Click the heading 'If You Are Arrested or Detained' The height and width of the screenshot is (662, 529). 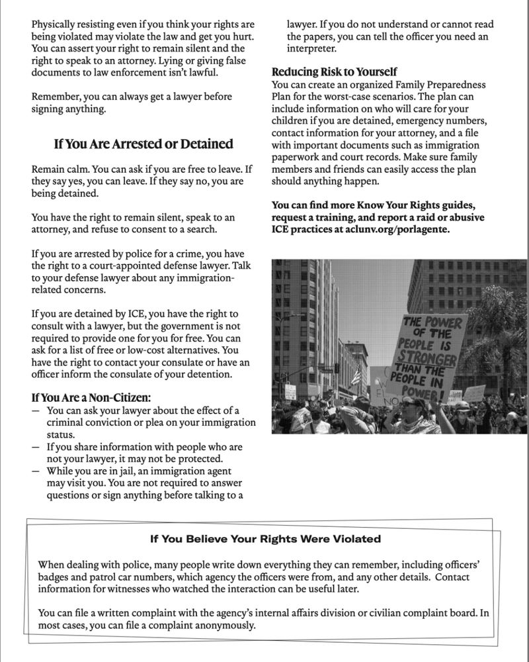click(142, 144)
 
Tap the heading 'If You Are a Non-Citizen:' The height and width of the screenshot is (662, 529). click(91, 398)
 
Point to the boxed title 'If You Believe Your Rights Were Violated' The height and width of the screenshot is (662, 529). click(265, 539)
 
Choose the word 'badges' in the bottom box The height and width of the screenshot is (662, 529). click(54, 577)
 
